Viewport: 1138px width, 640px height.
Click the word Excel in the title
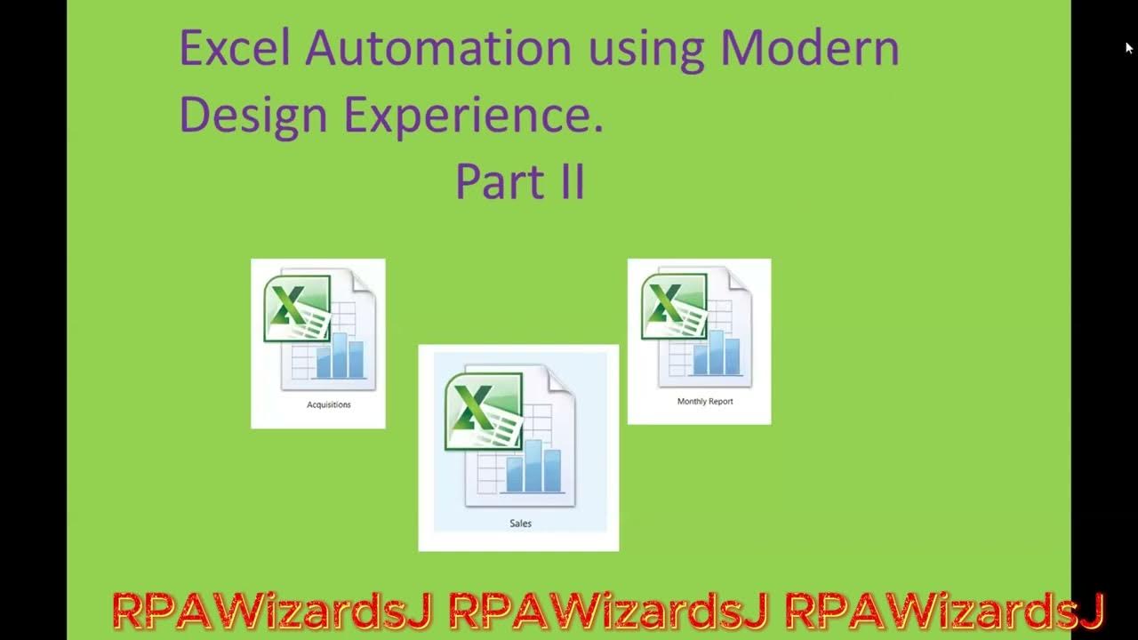pyautogui.click(x=235, y=48)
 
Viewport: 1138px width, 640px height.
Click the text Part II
pyautogui.click(x=520, y=181)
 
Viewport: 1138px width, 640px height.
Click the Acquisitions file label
pyautogui.click(x=329, y=404)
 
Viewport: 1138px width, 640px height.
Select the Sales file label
pyautogui.click(x=520, y=524)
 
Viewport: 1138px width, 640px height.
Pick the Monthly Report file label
pyautogui.click(x=705, y=402)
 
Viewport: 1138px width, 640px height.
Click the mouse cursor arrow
pyautogui.click(x=1129, y=48)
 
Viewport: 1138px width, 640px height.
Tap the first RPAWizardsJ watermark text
pyautogui.click(x=272, y=611)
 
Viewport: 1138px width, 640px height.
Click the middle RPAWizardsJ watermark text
pyautogui.click(x=608, y=611)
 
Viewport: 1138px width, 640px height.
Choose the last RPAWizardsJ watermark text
pyautogui.click(x=944, y=611)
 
